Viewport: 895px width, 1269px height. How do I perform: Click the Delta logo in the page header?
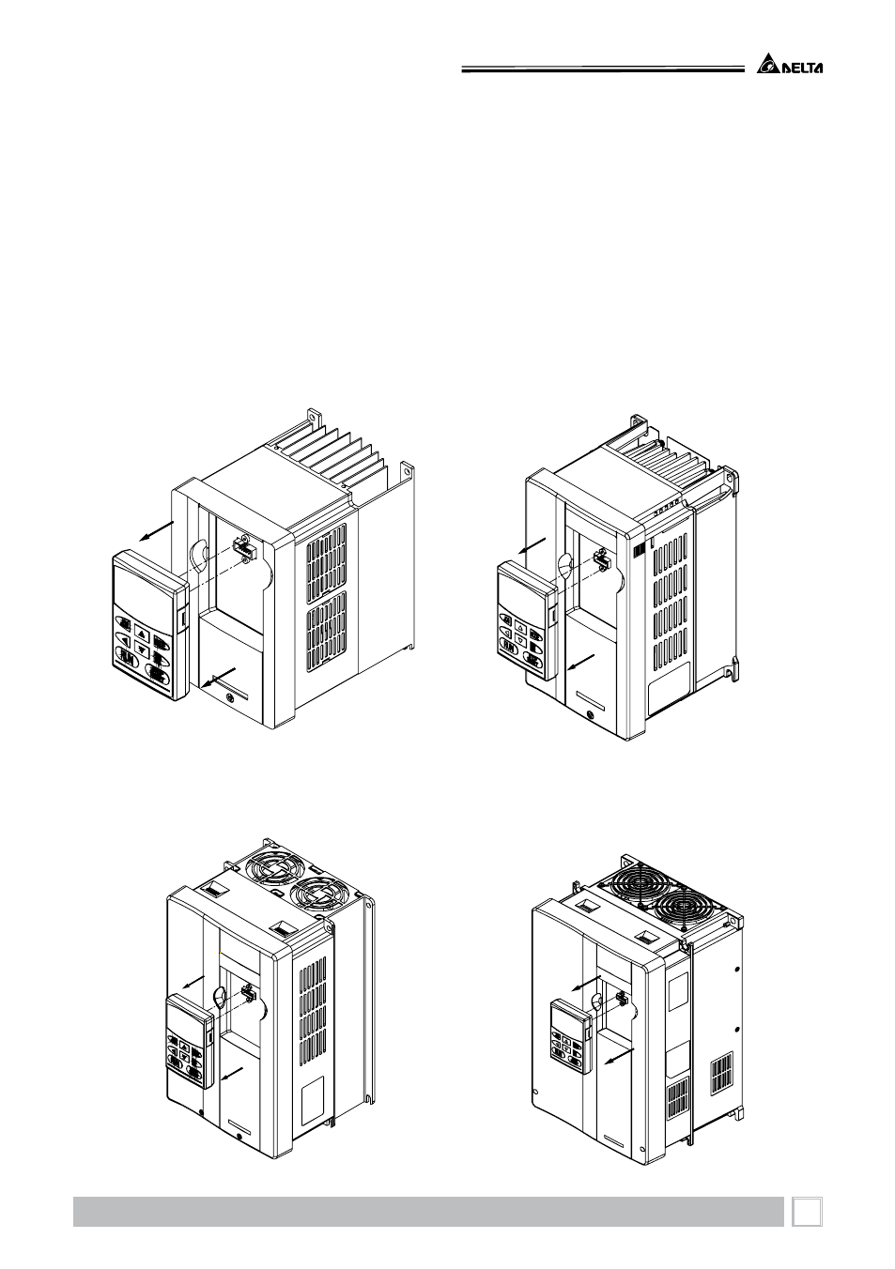[x=790, y=64]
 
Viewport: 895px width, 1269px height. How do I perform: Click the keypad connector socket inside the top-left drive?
[x=244, y=548]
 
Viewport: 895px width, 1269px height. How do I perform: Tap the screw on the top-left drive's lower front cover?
[x=228, y=696]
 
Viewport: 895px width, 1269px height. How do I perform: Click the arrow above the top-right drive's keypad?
[x=532, y=545]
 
